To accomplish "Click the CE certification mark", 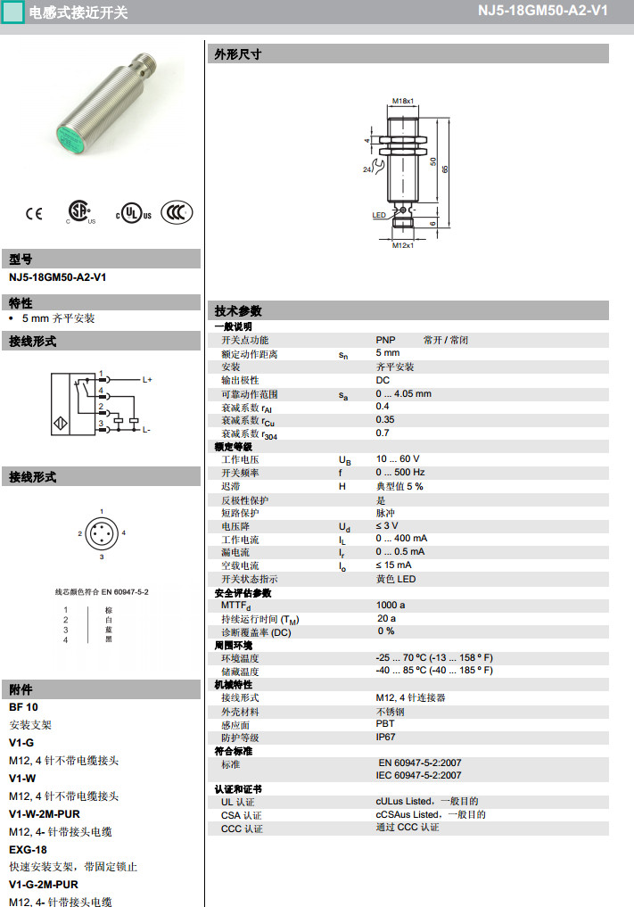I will tap(34, 213).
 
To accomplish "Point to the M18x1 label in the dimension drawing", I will tap(404, 101).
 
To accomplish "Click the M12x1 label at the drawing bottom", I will tap(403, 245).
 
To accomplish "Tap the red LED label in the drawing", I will tap(378, 215).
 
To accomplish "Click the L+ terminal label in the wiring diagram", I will tap(147, 380).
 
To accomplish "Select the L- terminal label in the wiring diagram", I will tap(146, 430).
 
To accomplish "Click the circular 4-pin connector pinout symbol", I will tap(102, 533).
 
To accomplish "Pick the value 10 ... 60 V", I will tap(398, 459).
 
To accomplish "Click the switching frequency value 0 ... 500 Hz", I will tap(400, 473).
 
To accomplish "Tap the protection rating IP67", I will tap(385, 738).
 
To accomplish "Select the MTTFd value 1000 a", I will tap(390, 606).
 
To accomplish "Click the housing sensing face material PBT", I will tap(385, 724).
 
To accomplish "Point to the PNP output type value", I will tap(385, 340).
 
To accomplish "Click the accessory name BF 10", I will tap(23, 707).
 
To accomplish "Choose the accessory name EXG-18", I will tap(28, 849).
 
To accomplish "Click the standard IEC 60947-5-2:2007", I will tap(418, 776).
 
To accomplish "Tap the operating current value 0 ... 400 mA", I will tap(401, 539).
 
